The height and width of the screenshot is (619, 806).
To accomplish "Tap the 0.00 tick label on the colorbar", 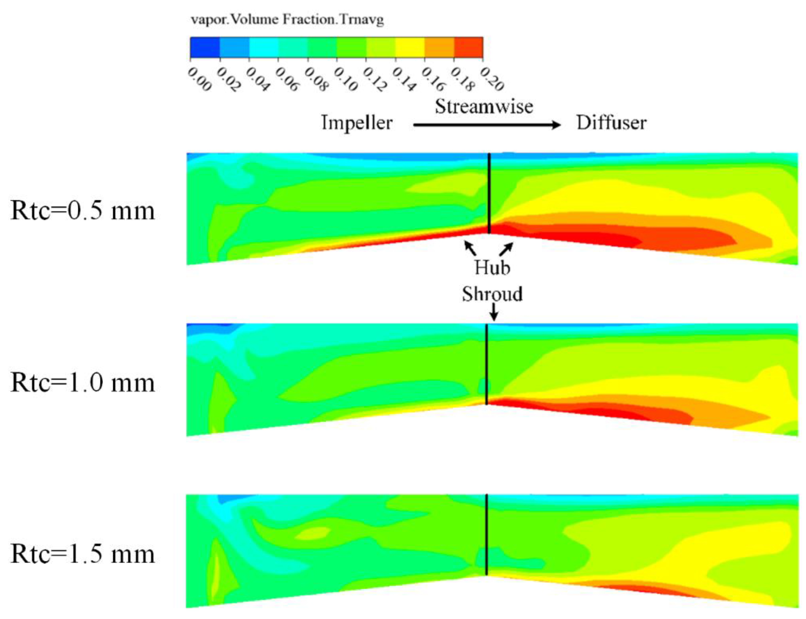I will (199, 79).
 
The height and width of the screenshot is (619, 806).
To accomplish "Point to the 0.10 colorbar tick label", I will (345, 79).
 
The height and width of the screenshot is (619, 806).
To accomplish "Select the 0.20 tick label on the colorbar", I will (492, 79).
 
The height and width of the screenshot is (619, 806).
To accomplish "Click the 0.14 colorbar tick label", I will (404, 79).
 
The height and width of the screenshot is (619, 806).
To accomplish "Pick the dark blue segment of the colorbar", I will (204, 48).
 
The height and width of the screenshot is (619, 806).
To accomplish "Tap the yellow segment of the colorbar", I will (410, 48).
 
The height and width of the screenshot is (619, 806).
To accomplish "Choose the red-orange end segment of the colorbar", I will (468, 48).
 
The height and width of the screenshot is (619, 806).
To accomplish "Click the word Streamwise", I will (484, 106).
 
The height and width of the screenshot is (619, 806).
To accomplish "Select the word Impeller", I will (356, 123).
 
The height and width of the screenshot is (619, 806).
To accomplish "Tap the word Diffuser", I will (611, 123).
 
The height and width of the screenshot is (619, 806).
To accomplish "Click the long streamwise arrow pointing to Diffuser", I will (486, 125).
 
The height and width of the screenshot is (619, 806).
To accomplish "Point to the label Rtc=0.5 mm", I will (83, 211).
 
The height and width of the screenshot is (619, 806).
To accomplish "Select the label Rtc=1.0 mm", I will (83, 383).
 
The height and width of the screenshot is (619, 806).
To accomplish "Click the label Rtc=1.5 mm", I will (83, 554).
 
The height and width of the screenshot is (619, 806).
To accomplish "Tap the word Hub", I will (492, 267).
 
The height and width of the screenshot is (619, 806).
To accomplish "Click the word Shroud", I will (492, 294).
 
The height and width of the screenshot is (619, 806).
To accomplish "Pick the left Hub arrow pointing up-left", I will (470, 248).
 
